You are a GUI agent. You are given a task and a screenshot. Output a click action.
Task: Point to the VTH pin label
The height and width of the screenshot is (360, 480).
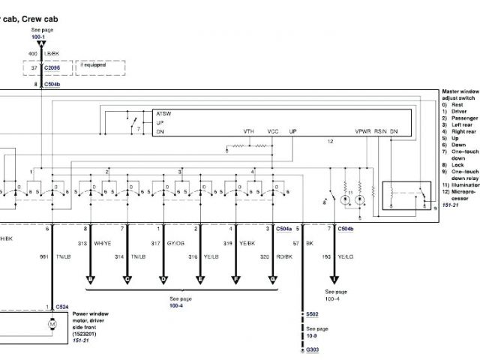(x=248, y=131)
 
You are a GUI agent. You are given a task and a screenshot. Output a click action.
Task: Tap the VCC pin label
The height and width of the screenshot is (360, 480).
(x=273, y=131)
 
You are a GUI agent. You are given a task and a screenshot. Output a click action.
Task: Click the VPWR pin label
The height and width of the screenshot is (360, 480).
(x=364, y=131)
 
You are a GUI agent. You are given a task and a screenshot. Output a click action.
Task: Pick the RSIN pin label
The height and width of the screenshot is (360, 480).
(x=382, y=131)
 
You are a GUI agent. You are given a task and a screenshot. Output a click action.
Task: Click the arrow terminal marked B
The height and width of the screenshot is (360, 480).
(x=91, y=279)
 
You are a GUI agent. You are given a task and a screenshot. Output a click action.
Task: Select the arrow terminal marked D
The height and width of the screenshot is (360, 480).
(x=163, y=279)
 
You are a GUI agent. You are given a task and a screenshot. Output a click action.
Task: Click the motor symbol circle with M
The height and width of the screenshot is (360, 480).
(x=52, y=324)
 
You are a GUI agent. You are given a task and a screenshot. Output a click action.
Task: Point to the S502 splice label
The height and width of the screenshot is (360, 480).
(x=312, y=313)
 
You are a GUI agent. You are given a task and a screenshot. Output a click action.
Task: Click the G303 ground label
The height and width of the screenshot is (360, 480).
(x=312, y=349)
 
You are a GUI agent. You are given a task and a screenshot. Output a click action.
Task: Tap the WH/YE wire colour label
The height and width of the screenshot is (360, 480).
(x=102, y=243)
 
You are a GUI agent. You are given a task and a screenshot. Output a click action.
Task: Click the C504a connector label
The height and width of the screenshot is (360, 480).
(x=284, y=227)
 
